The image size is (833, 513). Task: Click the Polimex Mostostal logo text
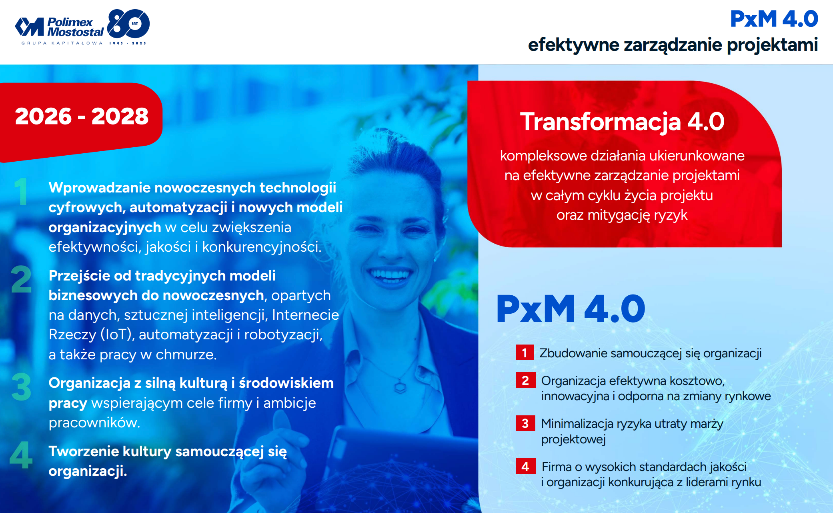(75, 27)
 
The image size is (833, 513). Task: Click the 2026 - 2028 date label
(82, 116)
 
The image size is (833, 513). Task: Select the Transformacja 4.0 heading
(622, 121)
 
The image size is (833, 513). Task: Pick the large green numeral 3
(21, 387)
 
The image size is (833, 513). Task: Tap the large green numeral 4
(21, 455)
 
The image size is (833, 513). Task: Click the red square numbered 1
(525, 353)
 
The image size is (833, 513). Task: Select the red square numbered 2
(525, 380)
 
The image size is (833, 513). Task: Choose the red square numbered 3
(525, 423)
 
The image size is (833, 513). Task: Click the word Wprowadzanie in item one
(100, 188)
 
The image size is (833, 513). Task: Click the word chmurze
(186, 355)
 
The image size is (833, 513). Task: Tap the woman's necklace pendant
(400, 387)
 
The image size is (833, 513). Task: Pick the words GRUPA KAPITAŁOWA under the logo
(62, 43)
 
